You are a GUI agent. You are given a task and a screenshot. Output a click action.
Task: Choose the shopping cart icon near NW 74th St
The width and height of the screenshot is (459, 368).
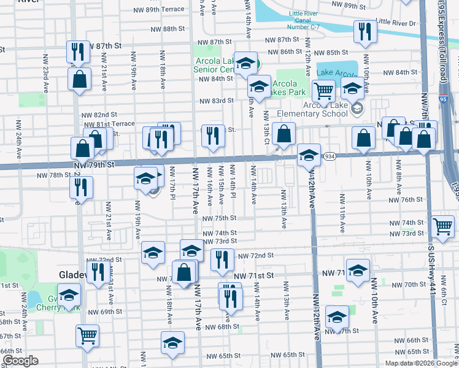(x=442, y=227)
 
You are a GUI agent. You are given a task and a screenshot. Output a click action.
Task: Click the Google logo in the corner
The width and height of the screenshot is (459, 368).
(x=20, y=361)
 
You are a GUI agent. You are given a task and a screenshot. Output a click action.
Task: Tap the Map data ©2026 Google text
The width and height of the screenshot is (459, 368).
(x=421, y=363)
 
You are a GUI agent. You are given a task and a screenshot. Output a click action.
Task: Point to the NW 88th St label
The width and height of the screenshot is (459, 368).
(x=165, y=29)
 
